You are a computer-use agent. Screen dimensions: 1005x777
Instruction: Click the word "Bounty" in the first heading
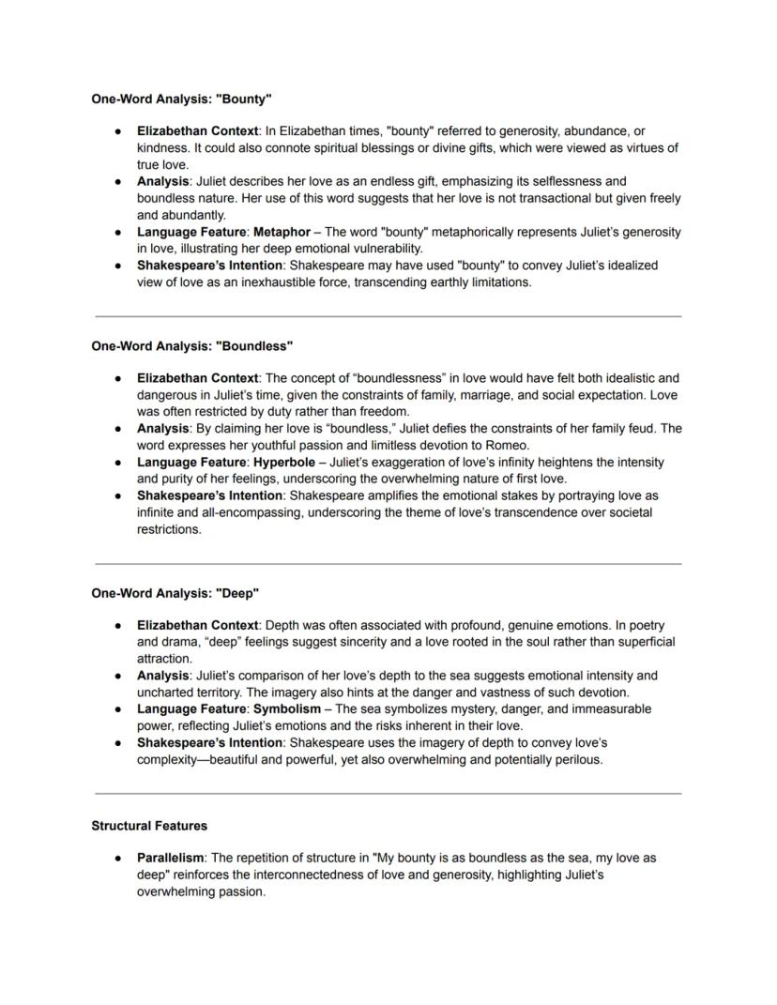pyautogui.click(x=247, y=99)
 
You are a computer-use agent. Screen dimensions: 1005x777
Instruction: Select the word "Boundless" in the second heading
pyautogui.click(x=254, y=346)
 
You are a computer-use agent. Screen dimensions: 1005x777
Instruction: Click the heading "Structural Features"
pyautogui.click(x=149, y=826)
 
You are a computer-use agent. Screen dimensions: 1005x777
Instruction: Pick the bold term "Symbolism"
pyautogui.click(x=286, y=708)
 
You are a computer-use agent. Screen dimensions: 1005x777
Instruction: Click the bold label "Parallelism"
pyautogui.click(x=170, y=858)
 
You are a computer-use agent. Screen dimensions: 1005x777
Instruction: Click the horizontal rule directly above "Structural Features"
pyautogui.click(x=388, y=794)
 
